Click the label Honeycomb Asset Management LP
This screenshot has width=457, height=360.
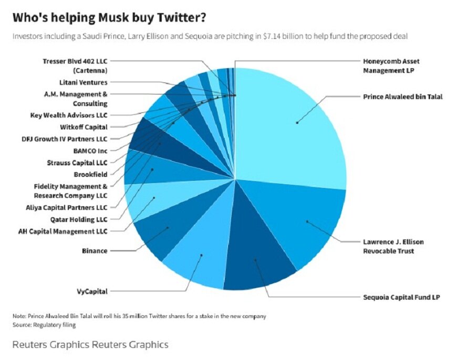(391, 66)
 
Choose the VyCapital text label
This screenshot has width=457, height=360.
(91, 290)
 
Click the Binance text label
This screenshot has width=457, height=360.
(95, 251)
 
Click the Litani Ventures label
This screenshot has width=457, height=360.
(83, 82)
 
